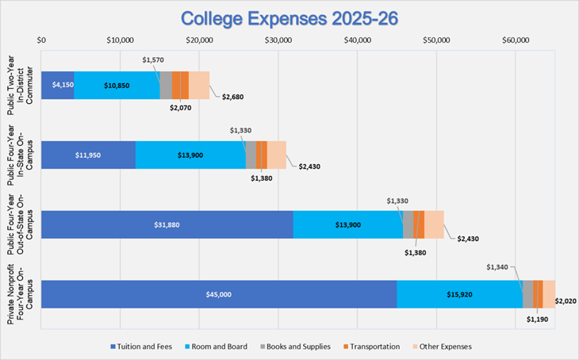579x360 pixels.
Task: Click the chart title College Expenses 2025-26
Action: [289, 17]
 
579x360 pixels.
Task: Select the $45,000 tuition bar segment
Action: [218, 294]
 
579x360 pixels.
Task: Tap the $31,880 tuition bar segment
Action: [167, 224]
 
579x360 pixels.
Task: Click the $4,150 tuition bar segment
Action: [57, 85]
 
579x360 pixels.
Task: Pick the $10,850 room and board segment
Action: [117, 85]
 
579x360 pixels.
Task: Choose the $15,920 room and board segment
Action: [459, 294]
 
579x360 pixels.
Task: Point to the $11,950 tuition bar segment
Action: [88, 155]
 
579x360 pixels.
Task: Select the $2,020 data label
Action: [565, 301]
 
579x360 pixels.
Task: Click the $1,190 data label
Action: [538, 320]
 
